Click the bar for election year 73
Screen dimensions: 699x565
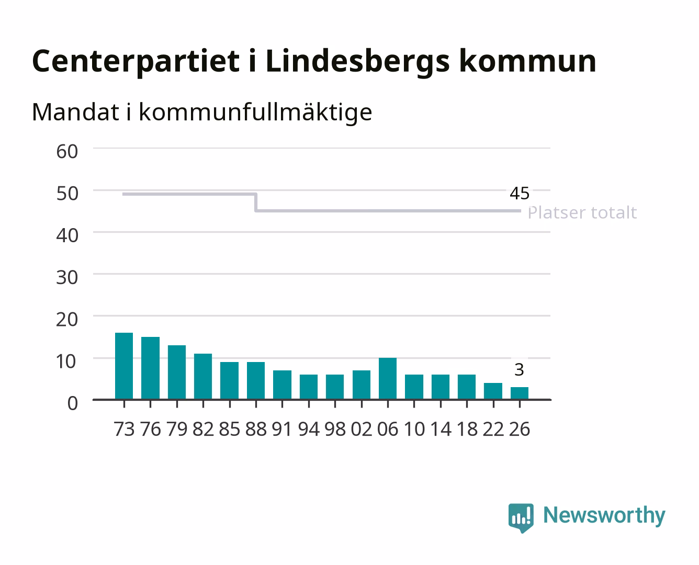coord(124,366)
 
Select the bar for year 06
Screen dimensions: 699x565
coord(388,379)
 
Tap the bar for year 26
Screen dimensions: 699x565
coord(520,393)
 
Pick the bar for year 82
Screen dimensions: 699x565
coord(203,377)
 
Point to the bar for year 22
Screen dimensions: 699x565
coord(493,391)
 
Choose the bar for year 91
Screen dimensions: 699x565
coord(282,385)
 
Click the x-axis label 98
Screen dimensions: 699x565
coord(335,429)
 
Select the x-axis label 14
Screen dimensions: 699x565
coord(441,429)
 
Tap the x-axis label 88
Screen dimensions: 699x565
coord(256,429)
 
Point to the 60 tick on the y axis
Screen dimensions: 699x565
coord(67,152)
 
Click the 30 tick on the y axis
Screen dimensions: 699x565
coord(67,278)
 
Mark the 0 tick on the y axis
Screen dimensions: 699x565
coord(73,403)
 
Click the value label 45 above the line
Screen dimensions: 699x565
coord(520,193)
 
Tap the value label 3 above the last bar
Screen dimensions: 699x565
coord(519,370)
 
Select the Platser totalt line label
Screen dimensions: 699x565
coord(582,212)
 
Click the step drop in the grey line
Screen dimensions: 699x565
coord(256,202)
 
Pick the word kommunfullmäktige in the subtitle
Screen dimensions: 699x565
coord(255,112)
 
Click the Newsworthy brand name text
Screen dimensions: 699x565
coord(604,516)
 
